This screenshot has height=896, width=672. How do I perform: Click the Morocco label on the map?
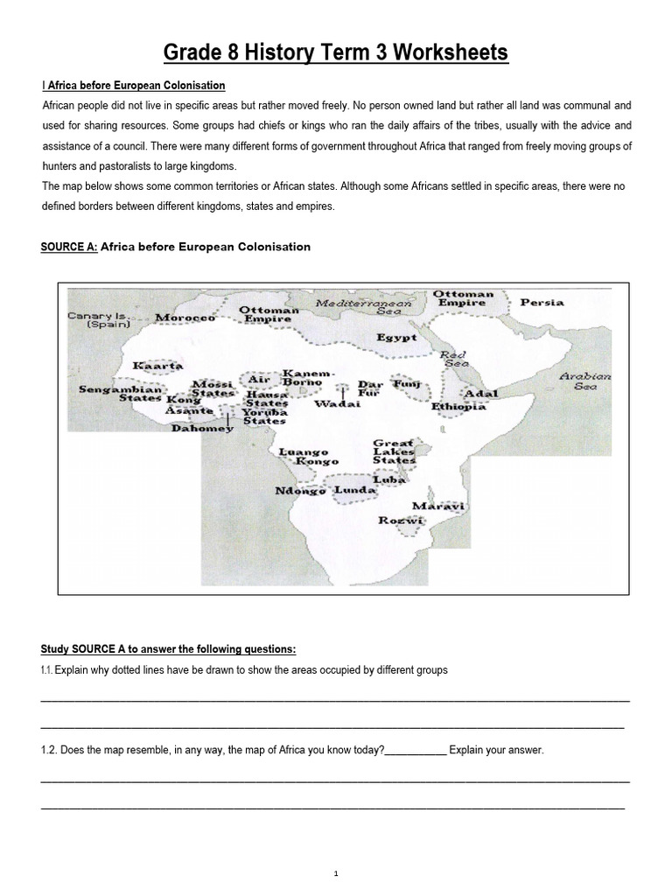pyautogui.click(x=185, y=318)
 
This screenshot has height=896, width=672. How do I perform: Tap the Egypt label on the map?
pyautogui.click(x=396, y=337)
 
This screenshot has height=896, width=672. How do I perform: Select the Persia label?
pyautogui.click(x=542, y=303)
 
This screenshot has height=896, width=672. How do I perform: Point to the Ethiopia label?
pyautogui.click(x=458, y=407)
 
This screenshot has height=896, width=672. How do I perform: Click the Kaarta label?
pyautogui.click(x=157, y=365)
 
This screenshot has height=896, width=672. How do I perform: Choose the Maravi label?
pyautogui.click(x=438, y=507)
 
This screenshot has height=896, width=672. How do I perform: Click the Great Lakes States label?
pyautogui.click(x=394, y=451)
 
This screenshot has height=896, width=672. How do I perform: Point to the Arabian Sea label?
pyautogui.click(x=585, y=381)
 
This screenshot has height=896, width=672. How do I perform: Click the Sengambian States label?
pyautogui.click(x=120, y=394)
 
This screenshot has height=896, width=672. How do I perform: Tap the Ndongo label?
pyautogui.click(x=300, y=491)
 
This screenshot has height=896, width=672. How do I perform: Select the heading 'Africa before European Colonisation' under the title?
pyautogui.click(x=134, y=86)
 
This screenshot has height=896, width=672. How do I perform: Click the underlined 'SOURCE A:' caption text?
pyautogui.click(x=69, y=247)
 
